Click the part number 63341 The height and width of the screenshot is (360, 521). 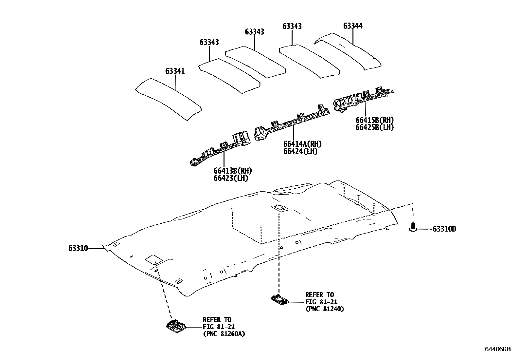coord(175,71)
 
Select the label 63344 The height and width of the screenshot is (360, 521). coord(353,26)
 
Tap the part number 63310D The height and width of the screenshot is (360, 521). coord(444,229)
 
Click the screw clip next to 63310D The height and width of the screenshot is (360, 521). coord(413,227)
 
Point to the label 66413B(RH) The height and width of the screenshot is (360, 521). coord(233,171)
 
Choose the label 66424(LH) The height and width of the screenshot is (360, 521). coord(300,151)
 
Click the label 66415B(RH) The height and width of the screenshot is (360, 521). coord(375,120)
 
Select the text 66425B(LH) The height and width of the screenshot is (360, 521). coord(375,127)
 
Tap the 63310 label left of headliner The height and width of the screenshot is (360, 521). coord(78,248)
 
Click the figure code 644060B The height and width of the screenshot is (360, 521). coord(497,349)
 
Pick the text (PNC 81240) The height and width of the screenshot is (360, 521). coord(325,309)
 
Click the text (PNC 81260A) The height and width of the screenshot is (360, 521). coord(224,334)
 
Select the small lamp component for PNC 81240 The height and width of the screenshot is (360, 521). coord(279,299)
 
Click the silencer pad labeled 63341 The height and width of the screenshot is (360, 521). coord(169,99)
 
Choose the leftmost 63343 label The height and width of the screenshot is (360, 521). coord(209,42)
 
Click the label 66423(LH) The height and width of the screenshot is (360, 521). coord(231,178)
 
